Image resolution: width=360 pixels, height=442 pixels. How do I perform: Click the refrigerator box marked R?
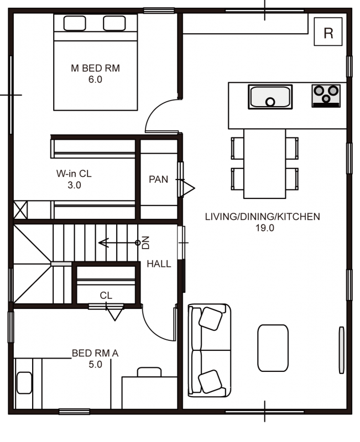[x=328, y=31]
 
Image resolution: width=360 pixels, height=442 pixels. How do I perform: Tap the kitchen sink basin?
[x=270, y=97]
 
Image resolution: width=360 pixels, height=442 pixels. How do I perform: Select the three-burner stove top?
[x=326, y=96]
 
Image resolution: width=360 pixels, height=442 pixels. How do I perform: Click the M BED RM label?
[x=95, y=68]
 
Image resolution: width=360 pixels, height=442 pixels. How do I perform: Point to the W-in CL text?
[x=74, y=173]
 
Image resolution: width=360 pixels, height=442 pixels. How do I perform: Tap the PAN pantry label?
[x=158, y=179]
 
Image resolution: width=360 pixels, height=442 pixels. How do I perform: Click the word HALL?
[x=159, y=264]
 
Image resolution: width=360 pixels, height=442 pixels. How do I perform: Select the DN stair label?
[x=145, y=243]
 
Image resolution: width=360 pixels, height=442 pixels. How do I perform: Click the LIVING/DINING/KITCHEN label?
[x=262, y=217]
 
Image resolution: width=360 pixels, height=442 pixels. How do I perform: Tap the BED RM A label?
[x=95, y=353]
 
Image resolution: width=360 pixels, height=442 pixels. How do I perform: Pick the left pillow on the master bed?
[x=75, y=23]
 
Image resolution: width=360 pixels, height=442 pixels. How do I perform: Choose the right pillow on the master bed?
[x=114, y=23]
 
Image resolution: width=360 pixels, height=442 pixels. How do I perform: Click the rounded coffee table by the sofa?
[x=273, y=348]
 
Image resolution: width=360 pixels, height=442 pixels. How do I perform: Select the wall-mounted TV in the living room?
[x=341, y=350]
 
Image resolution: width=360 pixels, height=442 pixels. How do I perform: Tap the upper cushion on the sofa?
[x=211, y=319]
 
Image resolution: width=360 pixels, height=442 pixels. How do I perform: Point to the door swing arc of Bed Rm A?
[x=154, y=330]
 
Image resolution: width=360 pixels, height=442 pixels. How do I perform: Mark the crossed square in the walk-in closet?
[x=20, y=210]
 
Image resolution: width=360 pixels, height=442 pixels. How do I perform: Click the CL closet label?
[x=106, y=295]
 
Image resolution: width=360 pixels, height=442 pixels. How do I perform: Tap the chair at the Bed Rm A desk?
[x=149, y=372]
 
